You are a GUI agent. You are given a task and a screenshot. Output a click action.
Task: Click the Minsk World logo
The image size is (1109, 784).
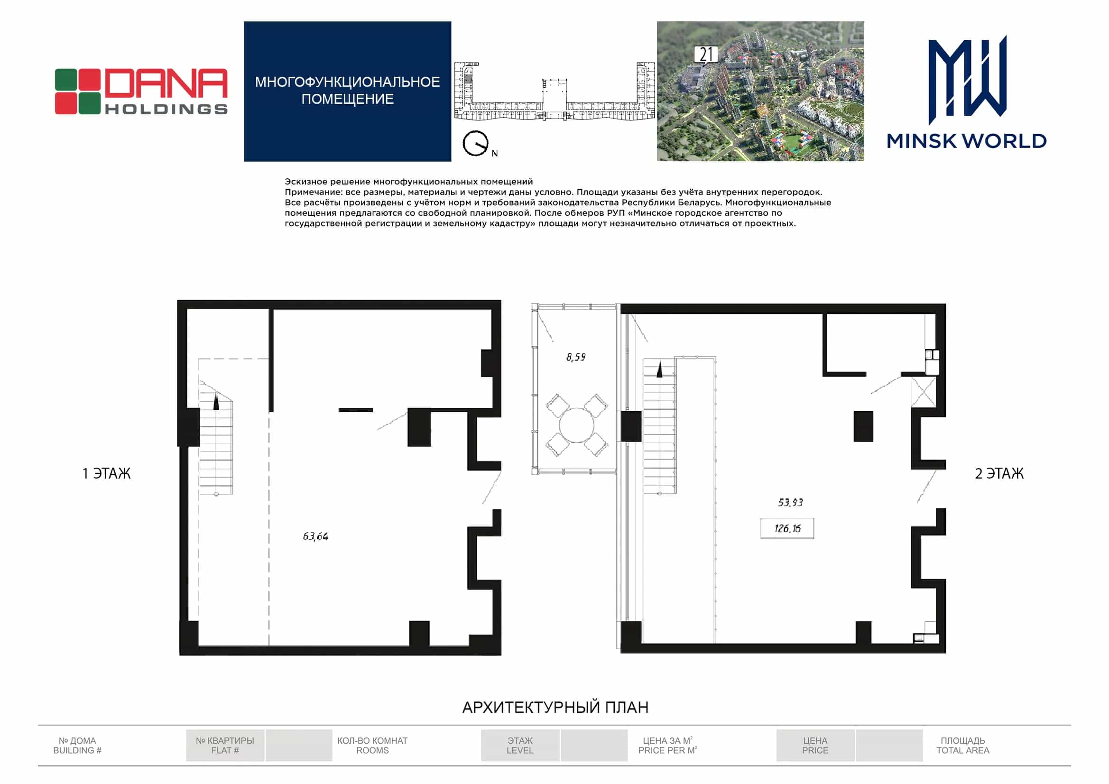tap(967, 92)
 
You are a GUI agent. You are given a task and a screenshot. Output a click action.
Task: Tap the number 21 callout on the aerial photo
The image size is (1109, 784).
tap(706, 55)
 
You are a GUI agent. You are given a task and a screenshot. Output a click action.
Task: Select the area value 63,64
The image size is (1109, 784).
tap(315, 536)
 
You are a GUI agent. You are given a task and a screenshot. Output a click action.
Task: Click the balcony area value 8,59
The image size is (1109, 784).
tap(576, 357)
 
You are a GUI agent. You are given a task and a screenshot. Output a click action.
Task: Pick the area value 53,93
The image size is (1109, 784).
tap(790, 502)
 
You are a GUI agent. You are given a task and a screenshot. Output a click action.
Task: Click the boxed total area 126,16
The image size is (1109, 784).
tap(787, 528)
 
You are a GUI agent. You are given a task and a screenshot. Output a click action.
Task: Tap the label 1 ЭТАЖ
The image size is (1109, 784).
tap(106, 473)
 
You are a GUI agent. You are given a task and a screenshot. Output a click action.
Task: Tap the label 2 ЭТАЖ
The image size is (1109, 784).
tap(999, 473)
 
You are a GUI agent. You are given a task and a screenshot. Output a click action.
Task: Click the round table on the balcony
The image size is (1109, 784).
tap(577, 425)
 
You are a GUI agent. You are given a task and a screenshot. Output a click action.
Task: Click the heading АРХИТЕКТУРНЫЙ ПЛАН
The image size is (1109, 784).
tap(555, 707)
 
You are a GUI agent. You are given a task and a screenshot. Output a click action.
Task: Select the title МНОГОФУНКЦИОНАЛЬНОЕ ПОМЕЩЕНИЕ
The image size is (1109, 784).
tap(348, 90)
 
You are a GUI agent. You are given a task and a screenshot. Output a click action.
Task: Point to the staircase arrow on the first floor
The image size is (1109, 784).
tap(216, 402)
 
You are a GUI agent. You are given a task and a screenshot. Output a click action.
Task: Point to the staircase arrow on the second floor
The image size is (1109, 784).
tap(659, 370)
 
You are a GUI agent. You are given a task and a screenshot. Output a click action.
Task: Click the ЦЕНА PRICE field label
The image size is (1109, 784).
tap(815, 746)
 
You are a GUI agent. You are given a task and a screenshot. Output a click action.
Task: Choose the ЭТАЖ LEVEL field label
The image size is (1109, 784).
tap(520, 746)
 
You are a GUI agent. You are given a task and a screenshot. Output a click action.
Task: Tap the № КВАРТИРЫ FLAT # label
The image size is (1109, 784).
tap(225, 746)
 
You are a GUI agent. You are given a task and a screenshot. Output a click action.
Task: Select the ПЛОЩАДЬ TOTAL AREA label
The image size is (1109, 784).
tap(963, 746)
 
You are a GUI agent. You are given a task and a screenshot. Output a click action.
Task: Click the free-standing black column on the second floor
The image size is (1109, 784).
tap(863, 426)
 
